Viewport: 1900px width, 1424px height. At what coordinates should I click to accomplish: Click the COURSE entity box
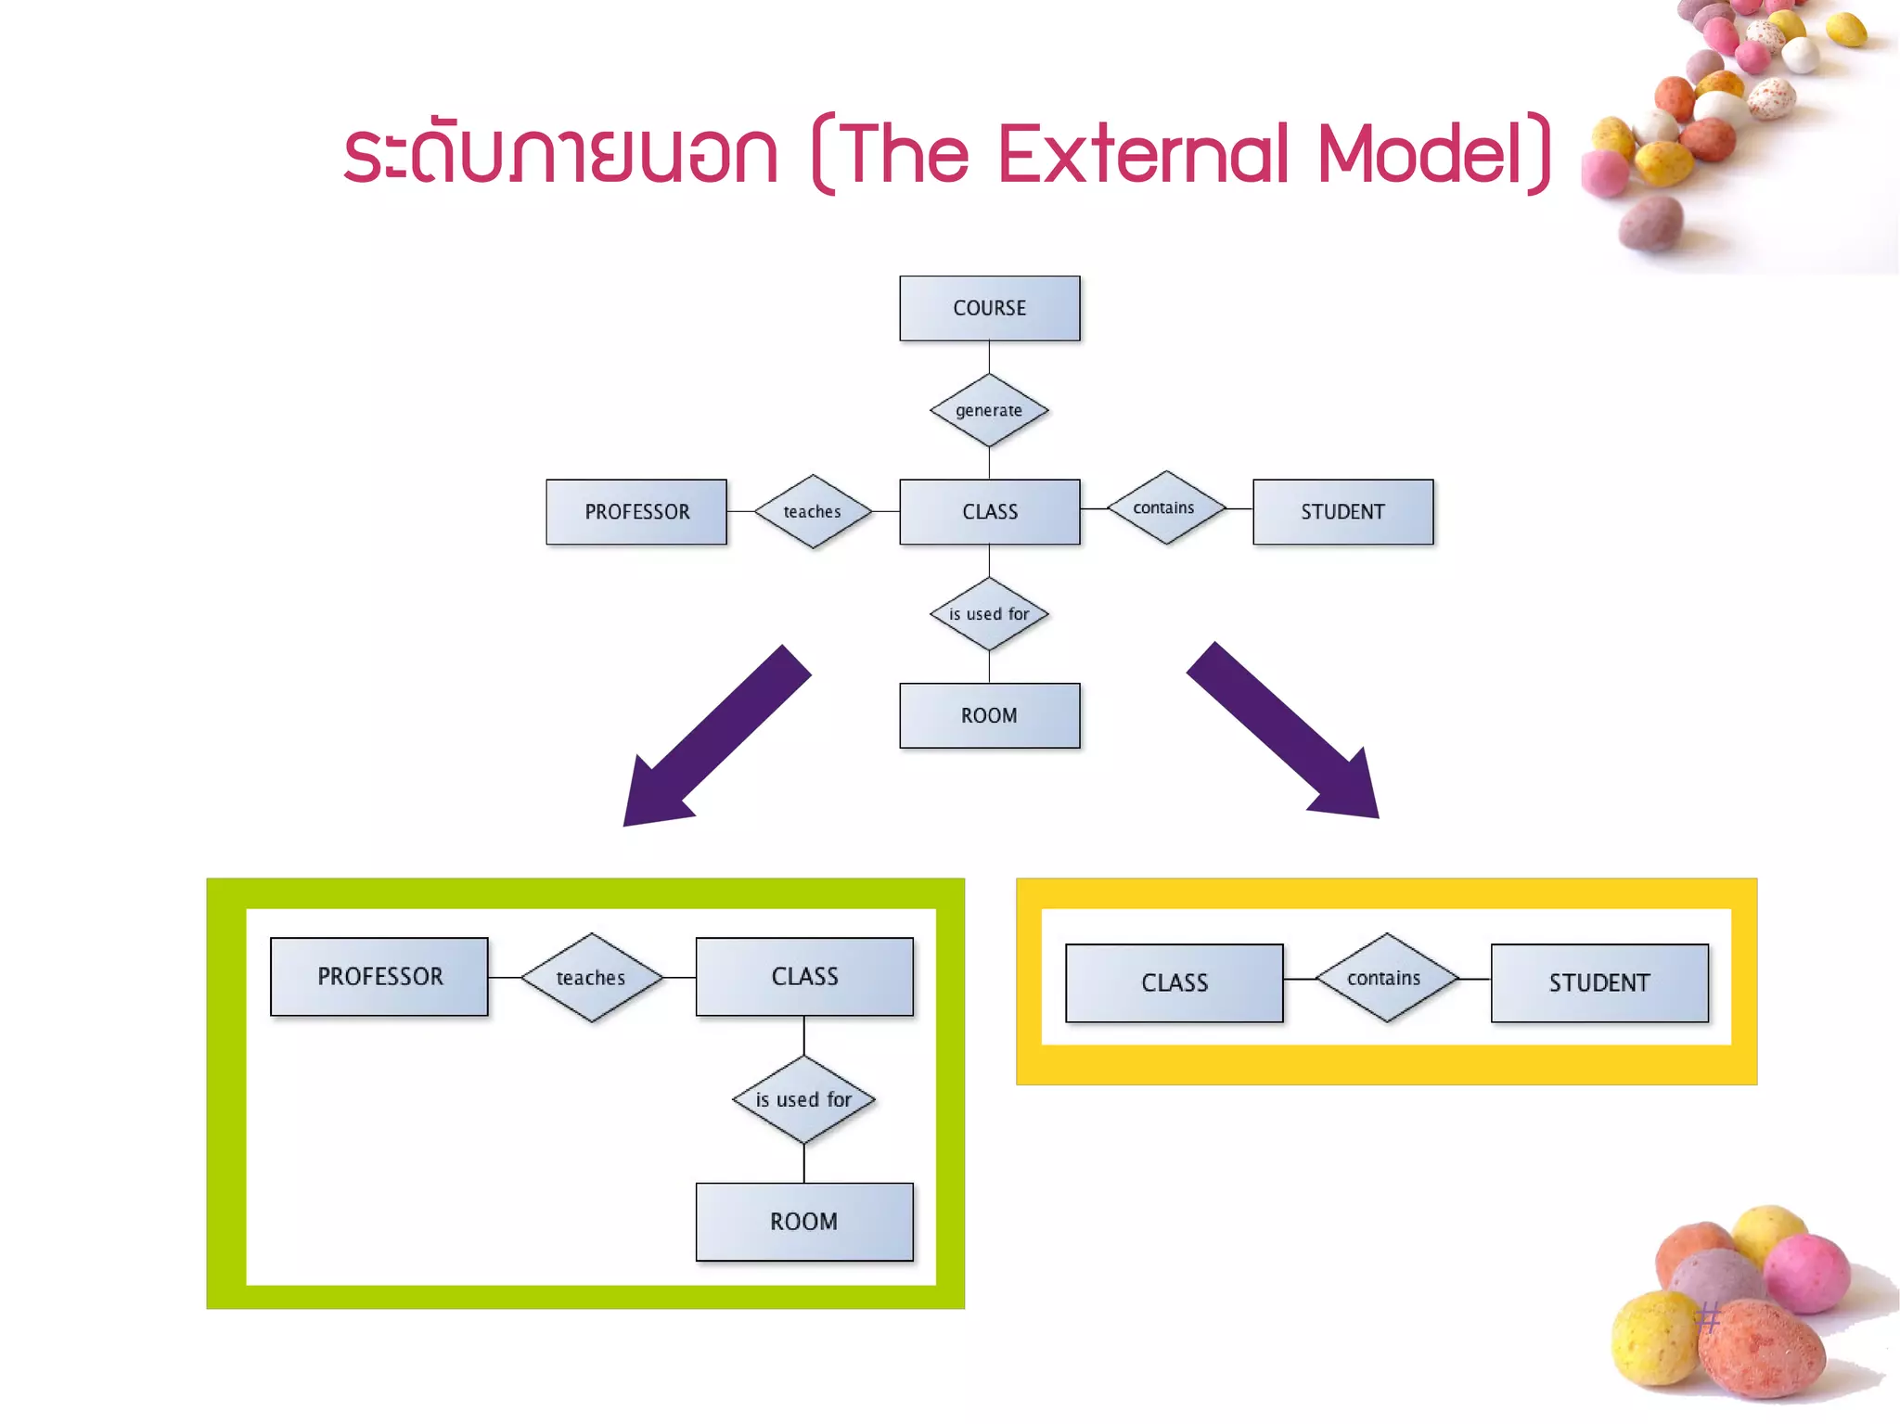pyautogui.click(x=989, y=308)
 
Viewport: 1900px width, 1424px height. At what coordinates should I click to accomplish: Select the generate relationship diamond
pyautogui.click(x=989, y=410)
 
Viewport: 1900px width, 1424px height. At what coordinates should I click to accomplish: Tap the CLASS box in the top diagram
pyautogui.click(x=989, y=511)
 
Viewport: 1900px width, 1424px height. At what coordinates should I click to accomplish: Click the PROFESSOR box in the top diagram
pyautogui.click(x=636, y=511)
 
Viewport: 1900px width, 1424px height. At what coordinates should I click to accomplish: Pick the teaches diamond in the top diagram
pyautogui.click(x=813, y=511)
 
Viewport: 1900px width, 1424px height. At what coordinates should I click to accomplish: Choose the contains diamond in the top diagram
pyautogui.click(x=1165, y=507)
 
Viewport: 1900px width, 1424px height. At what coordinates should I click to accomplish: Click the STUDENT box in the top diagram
pyautogui.click(x=1342, y=511)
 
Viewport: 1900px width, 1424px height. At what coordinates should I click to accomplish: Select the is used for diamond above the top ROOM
pyautogui.click(x=989, y=614)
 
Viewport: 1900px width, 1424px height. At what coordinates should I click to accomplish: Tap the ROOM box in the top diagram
pyautogui.click(x=989, y=715)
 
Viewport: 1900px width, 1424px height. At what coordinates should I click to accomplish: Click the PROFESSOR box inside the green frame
pyautogui.click(x=379, y=976)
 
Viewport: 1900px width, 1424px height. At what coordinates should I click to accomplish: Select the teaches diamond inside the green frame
pyautogui.click(x=591, y=977)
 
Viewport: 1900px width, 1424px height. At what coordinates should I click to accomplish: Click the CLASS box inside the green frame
pyautogui.click(x=804, y=976)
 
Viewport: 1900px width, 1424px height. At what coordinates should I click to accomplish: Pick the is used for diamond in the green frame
pyautogui.click(x=803, y=1099)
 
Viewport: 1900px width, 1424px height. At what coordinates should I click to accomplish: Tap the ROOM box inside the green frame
pyautogui.click(x=804, y=1221)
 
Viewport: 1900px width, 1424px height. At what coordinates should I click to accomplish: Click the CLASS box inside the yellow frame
pyautogui.click(x=1175, y=982)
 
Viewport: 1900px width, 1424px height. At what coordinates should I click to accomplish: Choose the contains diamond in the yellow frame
pyautogui.click(x=1385, y=978)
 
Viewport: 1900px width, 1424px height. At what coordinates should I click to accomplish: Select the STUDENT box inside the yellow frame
pyautogui.click(x=1599, y=982)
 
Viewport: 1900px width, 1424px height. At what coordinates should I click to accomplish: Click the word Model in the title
pyautogui.click(x=1419, y=154)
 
